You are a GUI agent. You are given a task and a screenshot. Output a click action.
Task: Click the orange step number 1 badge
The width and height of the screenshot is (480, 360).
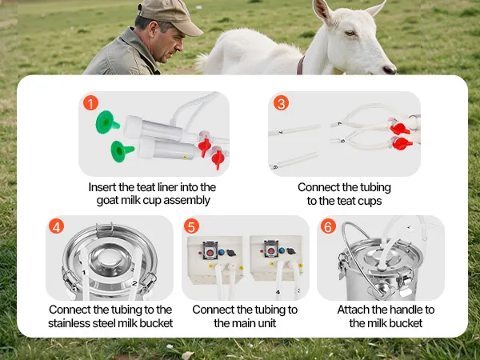(90, 103)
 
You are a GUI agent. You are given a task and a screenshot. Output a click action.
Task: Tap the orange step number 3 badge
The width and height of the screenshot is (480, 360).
(281, 103)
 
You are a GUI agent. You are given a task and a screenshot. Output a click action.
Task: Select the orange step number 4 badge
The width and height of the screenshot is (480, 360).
(56, 226)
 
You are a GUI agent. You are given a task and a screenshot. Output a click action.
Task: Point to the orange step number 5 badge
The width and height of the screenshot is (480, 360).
(192, 226)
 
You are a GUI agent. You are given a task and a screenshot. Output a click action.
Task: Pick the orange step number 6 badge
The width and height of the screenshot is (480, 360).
(328, 226)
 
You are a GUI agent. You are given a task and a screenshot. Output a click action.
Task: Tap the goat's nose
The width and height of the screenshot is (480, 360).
(390, 70)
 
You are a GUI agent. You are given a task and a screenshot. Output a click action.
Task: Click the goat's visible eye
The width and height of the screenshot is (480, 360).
(350, 33)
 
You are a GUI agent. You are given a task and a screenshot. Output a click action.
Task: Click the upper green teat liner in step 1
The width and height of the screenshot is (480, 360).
(106, 122)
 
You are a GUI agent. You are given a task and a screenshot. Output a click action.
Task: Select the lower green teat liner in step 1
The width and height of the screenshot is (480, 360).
(122, 151)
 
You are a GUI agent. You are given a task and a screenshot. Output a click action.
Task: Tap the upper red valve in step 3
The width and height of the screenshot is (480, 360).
(399, 129)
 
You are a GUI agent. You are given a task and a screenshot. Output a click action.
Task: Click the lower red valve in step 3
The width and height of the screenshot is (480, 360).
(402, 143)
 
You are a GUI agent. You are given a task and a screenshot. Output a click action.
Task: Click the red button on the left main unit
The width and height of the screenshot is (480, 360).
(210, 253)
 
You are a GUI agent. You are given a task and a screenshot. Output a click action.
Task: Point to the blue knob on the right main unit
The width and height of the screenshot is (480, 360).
(282, 250)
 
